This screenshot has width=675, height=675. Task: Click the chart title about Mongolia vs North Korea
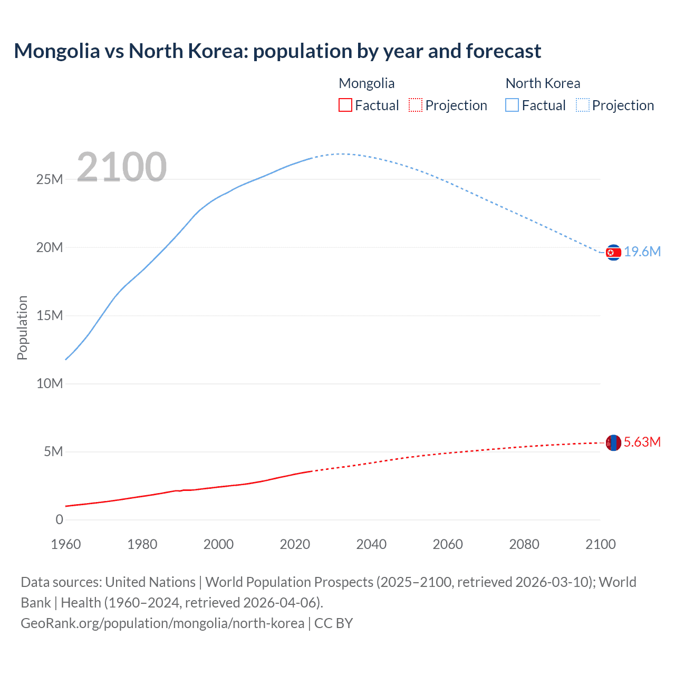[x=277, y=51]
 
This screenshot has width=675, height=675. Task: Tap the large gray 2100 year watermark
[x=122, y=167]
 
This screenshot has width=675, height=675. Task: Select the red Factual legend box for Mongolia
[x=345, y=105]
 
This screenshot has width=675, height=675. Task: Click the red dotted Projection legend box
[x=416, y=105]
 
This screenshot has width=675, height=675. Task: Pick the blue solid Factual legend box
[x=512, y=105]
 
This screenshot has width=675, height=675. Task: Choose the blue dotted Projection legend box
[x=582, y=105]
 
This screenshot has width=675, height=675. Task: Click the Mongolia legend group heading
[x=367, y=83]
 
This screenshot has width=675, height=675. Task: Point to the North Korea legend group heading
[x=543, y=83]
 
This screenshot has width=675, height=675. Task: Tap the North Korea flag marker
[x=613, y=253]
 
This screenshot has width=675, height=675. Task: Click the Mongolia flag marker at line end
[x=613, y=443]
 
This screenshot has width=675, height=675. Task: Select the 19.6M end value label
[x=642, y=252]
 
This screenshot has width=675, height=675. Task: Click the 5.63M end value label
[x=642, y=442]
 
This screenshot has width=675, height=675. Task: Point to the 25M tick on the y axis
[x=50, y=179]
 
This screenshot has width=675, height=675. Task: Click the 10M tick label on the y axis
[x=50, y=383]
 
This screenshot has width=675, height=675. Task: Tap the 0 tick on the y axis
[x=59, y=519]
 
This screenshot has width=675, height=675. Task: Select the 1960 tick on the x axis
[x=66, y=544]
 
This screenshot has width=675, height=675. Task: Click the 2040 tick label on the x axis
[x=371, y=544]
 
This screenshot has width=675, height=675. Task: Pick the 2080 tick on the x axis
[x=524, y=544]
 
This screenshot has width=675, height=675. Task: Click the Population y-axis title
[x=22, y=327]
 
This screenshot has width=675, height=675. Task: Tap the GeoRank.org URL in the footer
[x=162, y=623]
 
